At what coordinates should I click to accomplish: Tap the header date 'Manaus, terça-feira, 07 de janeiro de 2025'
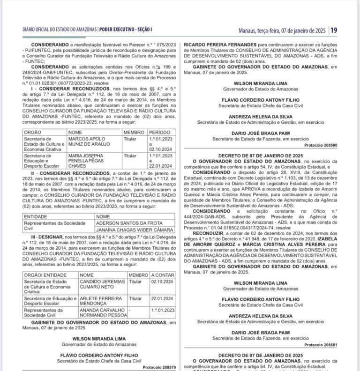(281, 30)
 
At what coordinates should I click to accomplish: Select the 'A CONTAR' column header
(163, 275)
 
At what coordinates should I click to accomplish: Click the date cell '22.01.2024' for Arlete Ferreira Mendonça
(162, 298)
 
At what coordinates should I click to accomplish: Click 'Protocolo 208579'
(159, 367)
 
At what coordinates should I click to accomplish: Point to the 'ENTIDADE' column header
(36, 217)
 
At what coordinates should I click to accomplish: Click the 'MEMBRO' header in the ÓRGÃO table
(134, 133)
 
